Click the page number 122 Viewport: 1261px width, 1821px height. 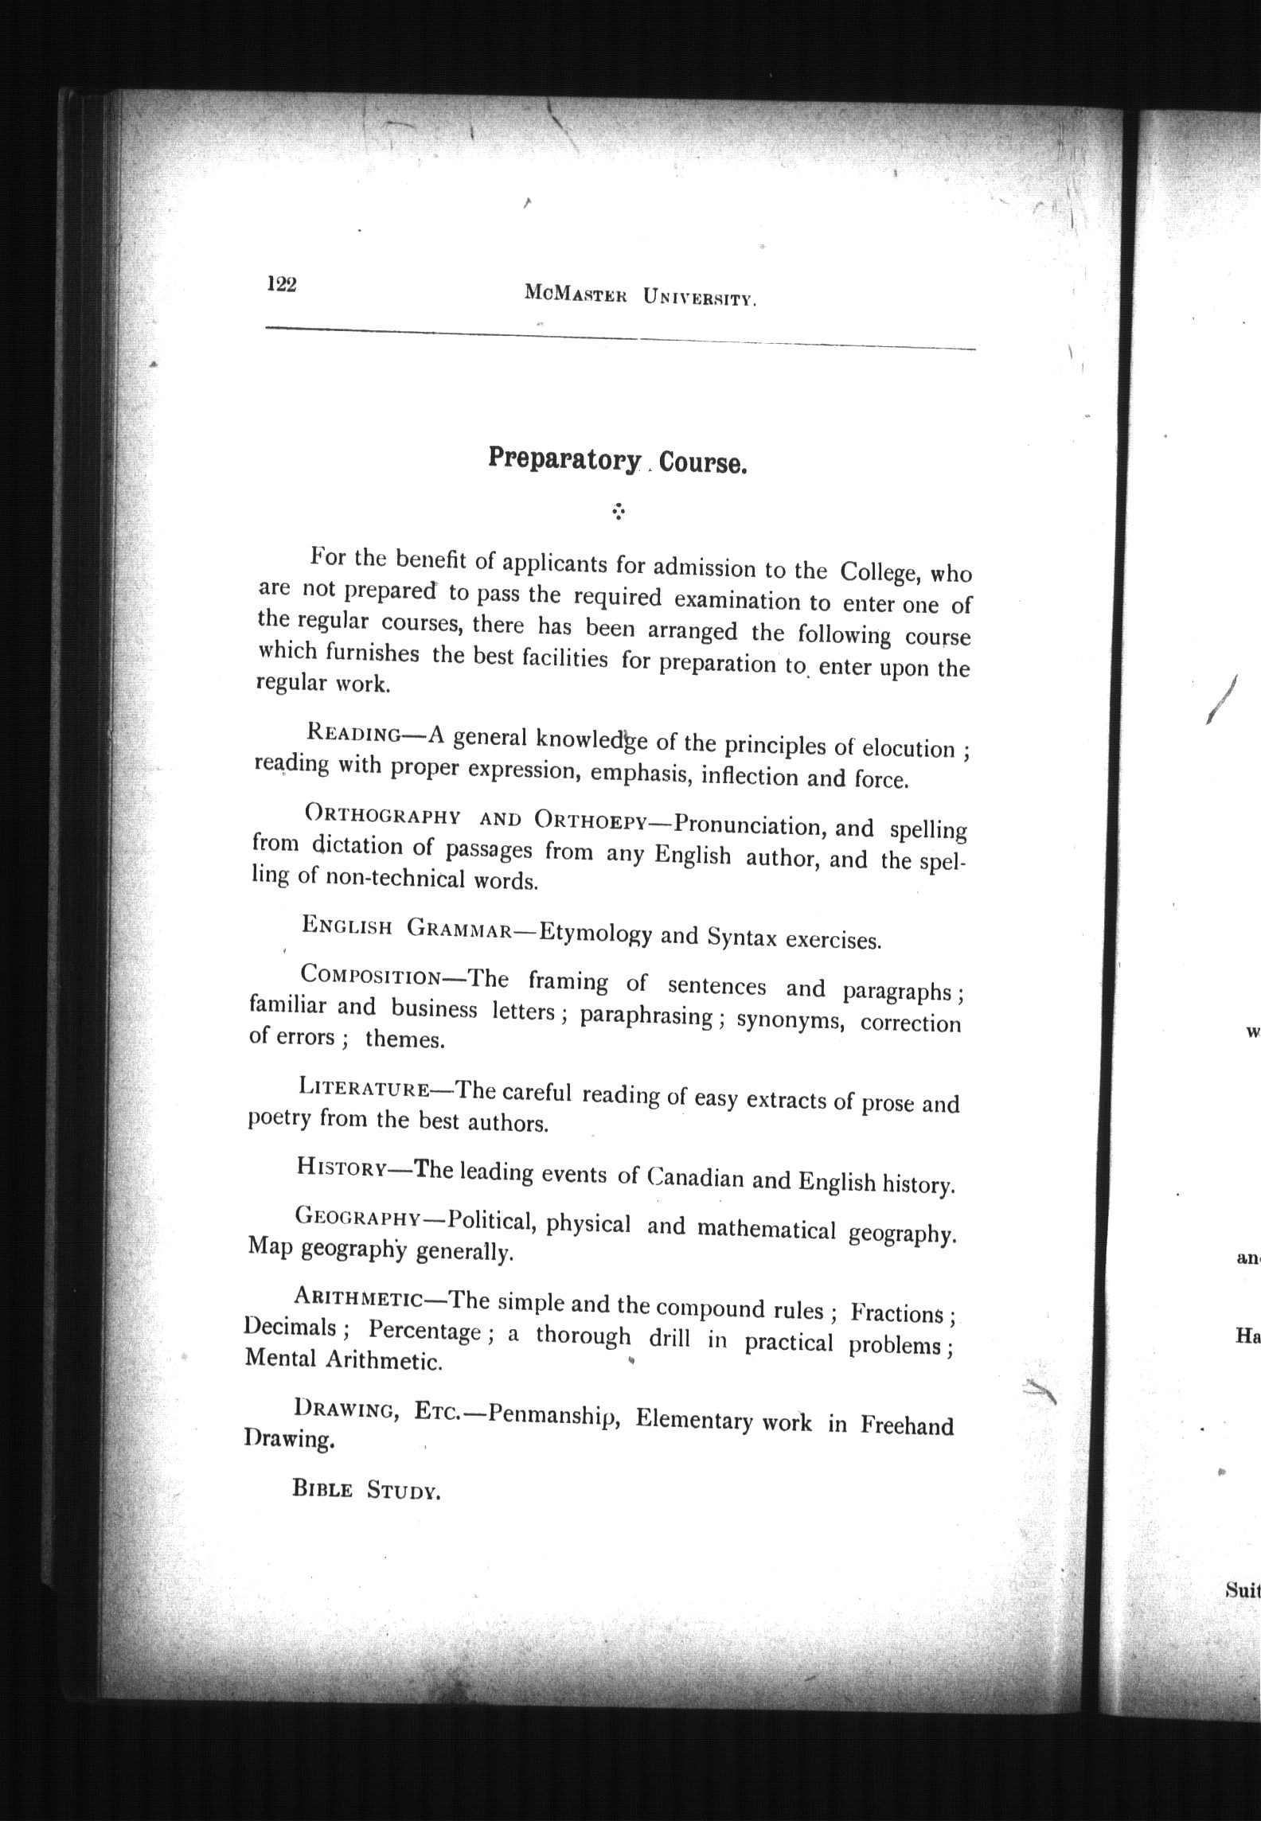point(282,284)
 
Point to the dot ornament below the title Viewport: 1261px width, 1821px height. point(618,512)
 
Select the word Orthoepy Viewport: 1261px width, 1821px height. point(592,819)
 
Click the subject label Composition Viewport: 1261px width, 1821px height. point(371,975)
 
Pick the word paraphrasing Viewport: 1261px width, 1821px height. point(646,1016)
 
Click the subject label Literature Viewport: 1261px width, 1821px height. point(365,1087)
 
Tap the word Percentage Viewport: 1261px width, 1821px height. point(424,1330)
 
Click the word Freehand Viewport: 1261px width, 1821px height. point(906,1425)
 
